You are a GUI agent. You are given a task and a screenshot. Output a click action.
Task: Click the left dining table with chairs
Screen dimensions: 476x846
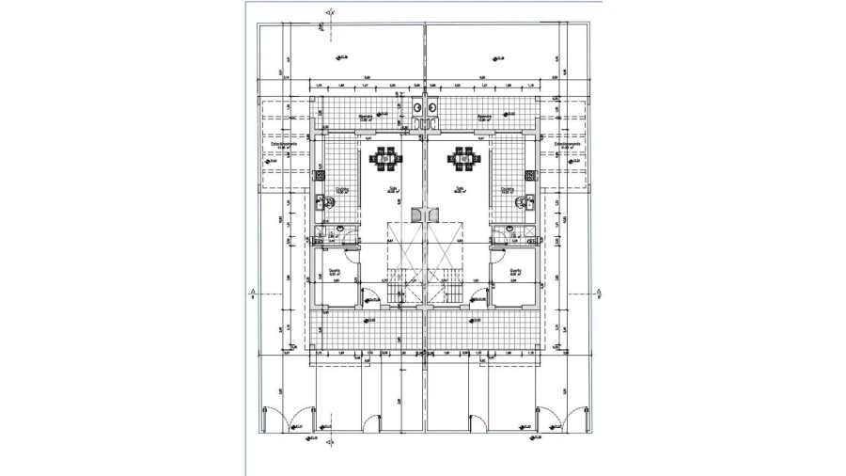tap(385, 159)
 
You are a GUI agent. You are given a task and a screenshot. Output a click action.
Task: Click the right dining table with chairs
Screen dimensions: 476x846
tap(464, 159)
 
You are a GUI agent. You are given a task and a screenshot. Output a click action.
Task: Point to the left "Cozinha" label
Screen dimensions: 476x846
tap(342, 188)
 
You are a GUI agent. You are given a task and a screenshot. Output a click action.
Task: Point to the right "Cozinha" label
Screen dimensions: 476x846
tap(508, 188)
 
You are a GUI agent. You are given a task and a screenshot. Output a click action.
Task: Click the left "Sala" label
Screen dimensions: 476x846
tap(393, 188)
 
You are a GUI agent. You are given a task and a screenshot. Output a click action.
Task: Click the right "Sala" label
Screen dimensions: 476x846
tap(459, 188)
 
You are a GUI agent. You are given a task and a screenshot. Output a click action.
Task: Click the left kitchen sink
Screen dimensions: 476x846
tap(320, 200)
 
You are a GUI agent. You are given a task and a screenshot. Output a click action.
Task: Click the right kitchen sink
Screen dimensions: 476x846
tap(529, 200)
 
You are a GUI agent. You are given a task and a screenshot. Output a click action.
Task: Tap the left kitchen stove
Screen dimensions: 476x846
tap(319, 173)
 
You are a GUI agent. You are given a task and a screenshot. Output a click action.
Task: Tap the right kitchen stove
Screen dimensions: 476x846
tap(530, 173)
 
